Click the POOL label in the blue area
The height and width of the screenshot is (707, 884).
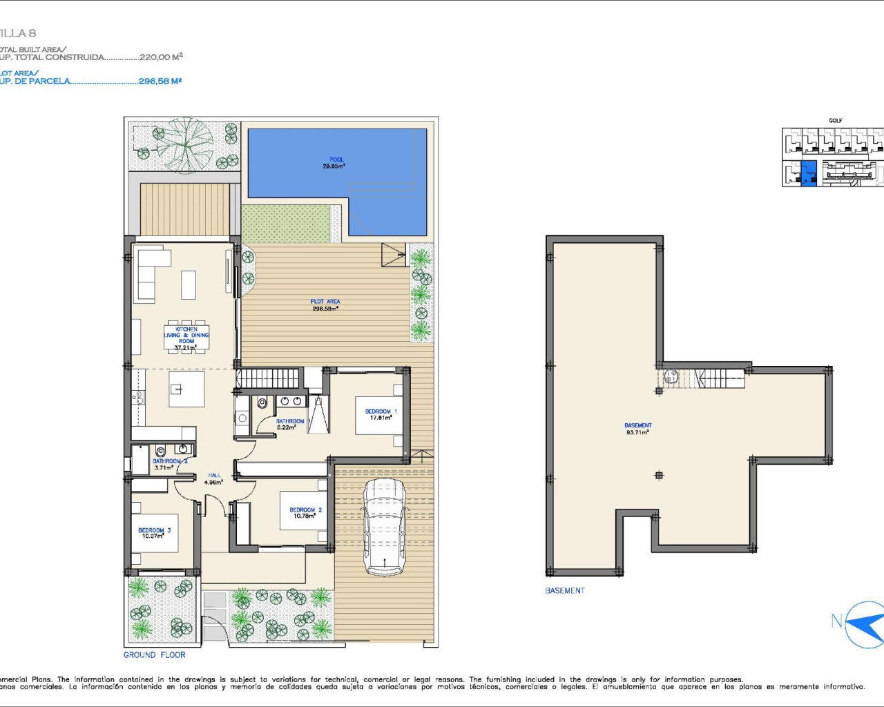tap(336, 163)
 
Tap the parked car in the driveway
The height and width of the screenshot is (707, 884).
tap(385, 527)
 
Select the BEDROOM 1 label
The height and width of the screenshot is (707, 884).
tap(381, 414)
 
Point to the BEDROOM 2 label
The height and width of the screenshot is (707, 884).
tap(305, 513)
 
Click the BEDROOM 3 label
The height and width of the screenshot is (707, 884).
tap(154, 533)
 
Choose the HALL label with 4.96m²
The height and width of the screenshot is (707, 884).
tap(214, 478)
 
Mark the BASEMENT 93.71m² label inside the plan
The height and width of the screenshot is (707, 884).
tap(637, 429)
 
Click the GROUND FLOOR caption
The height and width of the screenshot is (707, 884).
tap(155, 655)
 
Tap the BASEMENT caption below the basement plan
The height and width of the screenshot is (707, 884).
tap(565, 590)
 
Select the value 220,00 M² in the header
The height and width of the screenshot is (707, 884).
tap(161, 57)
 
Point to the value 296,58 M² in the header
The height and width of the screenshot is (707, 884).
tap(160, 81)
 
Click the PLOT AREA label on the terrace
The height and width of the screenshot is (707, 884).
tap(325, 305)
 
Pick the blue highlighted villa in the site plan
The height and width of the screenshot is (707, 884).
tap(808, 173)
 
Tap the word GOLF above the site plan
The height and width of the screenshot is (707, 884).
tap(836, 121)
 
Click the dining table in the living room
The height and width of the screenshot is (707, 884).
tap(186, 337)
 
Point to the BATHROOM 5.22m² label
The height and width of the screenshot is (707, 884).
tap(289, 424)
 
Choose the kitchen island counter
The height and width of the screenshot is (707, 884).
tap(186, 389)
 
